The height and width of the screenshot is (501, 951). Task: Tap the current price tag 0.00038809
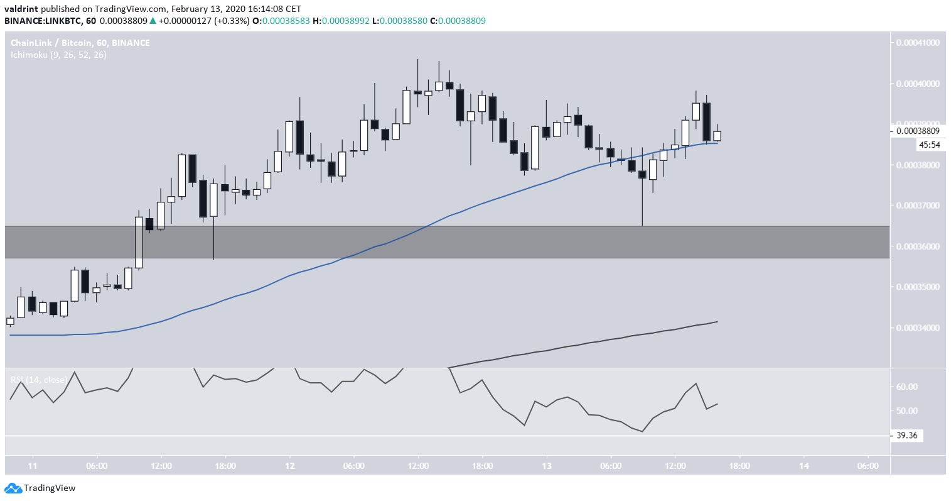point(917,131)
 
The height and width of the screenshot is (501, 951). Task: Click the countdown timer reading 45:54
point(928,145)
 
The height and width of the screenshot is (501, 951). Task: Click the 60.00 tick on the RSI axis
point(907,387)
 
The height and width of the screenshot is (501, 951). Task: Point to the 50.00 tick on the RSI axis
point(907,410)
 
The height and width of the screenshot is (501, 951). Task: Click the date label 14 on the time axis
point(804,466)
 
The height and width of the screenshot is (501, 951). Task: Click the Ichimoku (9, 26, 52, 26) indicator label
point(58,55)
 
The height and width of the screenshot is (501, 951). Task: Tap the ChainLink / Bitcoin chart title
point(80,43)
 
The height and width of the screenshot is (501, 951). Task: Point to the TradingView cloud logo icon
point(12,488)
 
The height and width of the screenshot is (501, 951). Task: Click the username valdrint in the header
point(23,9)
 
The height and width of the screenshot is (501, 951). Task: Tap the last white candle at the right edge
point(717,136)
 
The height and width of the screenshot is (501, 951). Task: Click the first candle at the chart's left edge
point(10,321)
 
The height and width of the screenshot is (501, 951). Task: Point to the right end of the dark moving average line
point(716,322)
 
